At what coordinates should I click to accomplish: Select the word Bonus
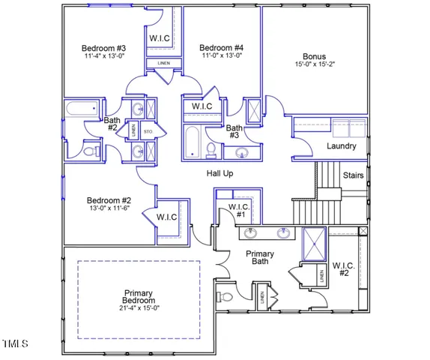click(x=315, y=56)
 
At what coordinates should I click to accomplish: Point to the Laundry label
click(x=342, y=145)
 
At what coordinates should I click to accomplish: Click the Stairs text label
click(x=353, y=175)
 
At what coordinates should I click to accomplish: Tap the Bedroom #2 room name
click(x=109, y=200)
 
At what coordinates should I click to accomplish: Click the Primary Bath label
click(x=260, y=259)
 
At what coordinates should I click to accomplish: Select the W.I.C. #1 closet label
click(x=238, y=211)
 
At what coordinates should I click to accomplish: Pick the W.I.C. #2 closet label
click(x=343, y=268)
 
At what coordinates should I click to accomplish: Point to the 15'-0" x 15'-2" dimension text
click(x=315, y=65)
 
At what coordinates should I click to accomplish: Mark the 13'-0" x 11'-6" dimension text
click(x=109, y=209)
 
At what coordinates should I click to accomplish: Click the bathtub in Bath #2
click(x=82, y=109)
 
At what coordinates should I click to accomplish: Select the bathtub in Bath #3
click(x=192, y=142)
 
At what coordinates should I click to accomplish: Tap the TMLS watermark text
click(x=15, y=344)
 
